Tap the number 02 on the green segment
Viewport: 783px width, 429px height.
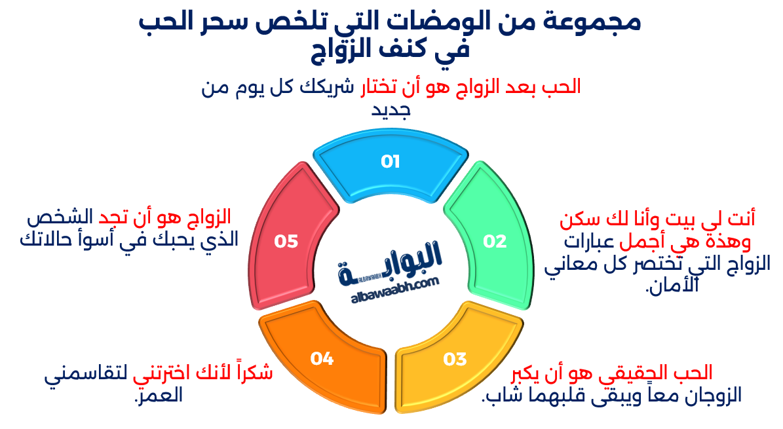(495, 242)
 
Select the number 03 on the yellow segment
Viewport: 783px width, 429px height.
(455, 359)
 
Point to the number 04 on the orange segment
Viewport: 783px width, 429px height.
(322, 358)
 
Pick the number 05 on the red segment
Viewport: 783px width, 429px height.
(286, 242)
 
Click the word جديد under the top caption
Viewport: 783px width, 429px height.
(391, 111)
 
